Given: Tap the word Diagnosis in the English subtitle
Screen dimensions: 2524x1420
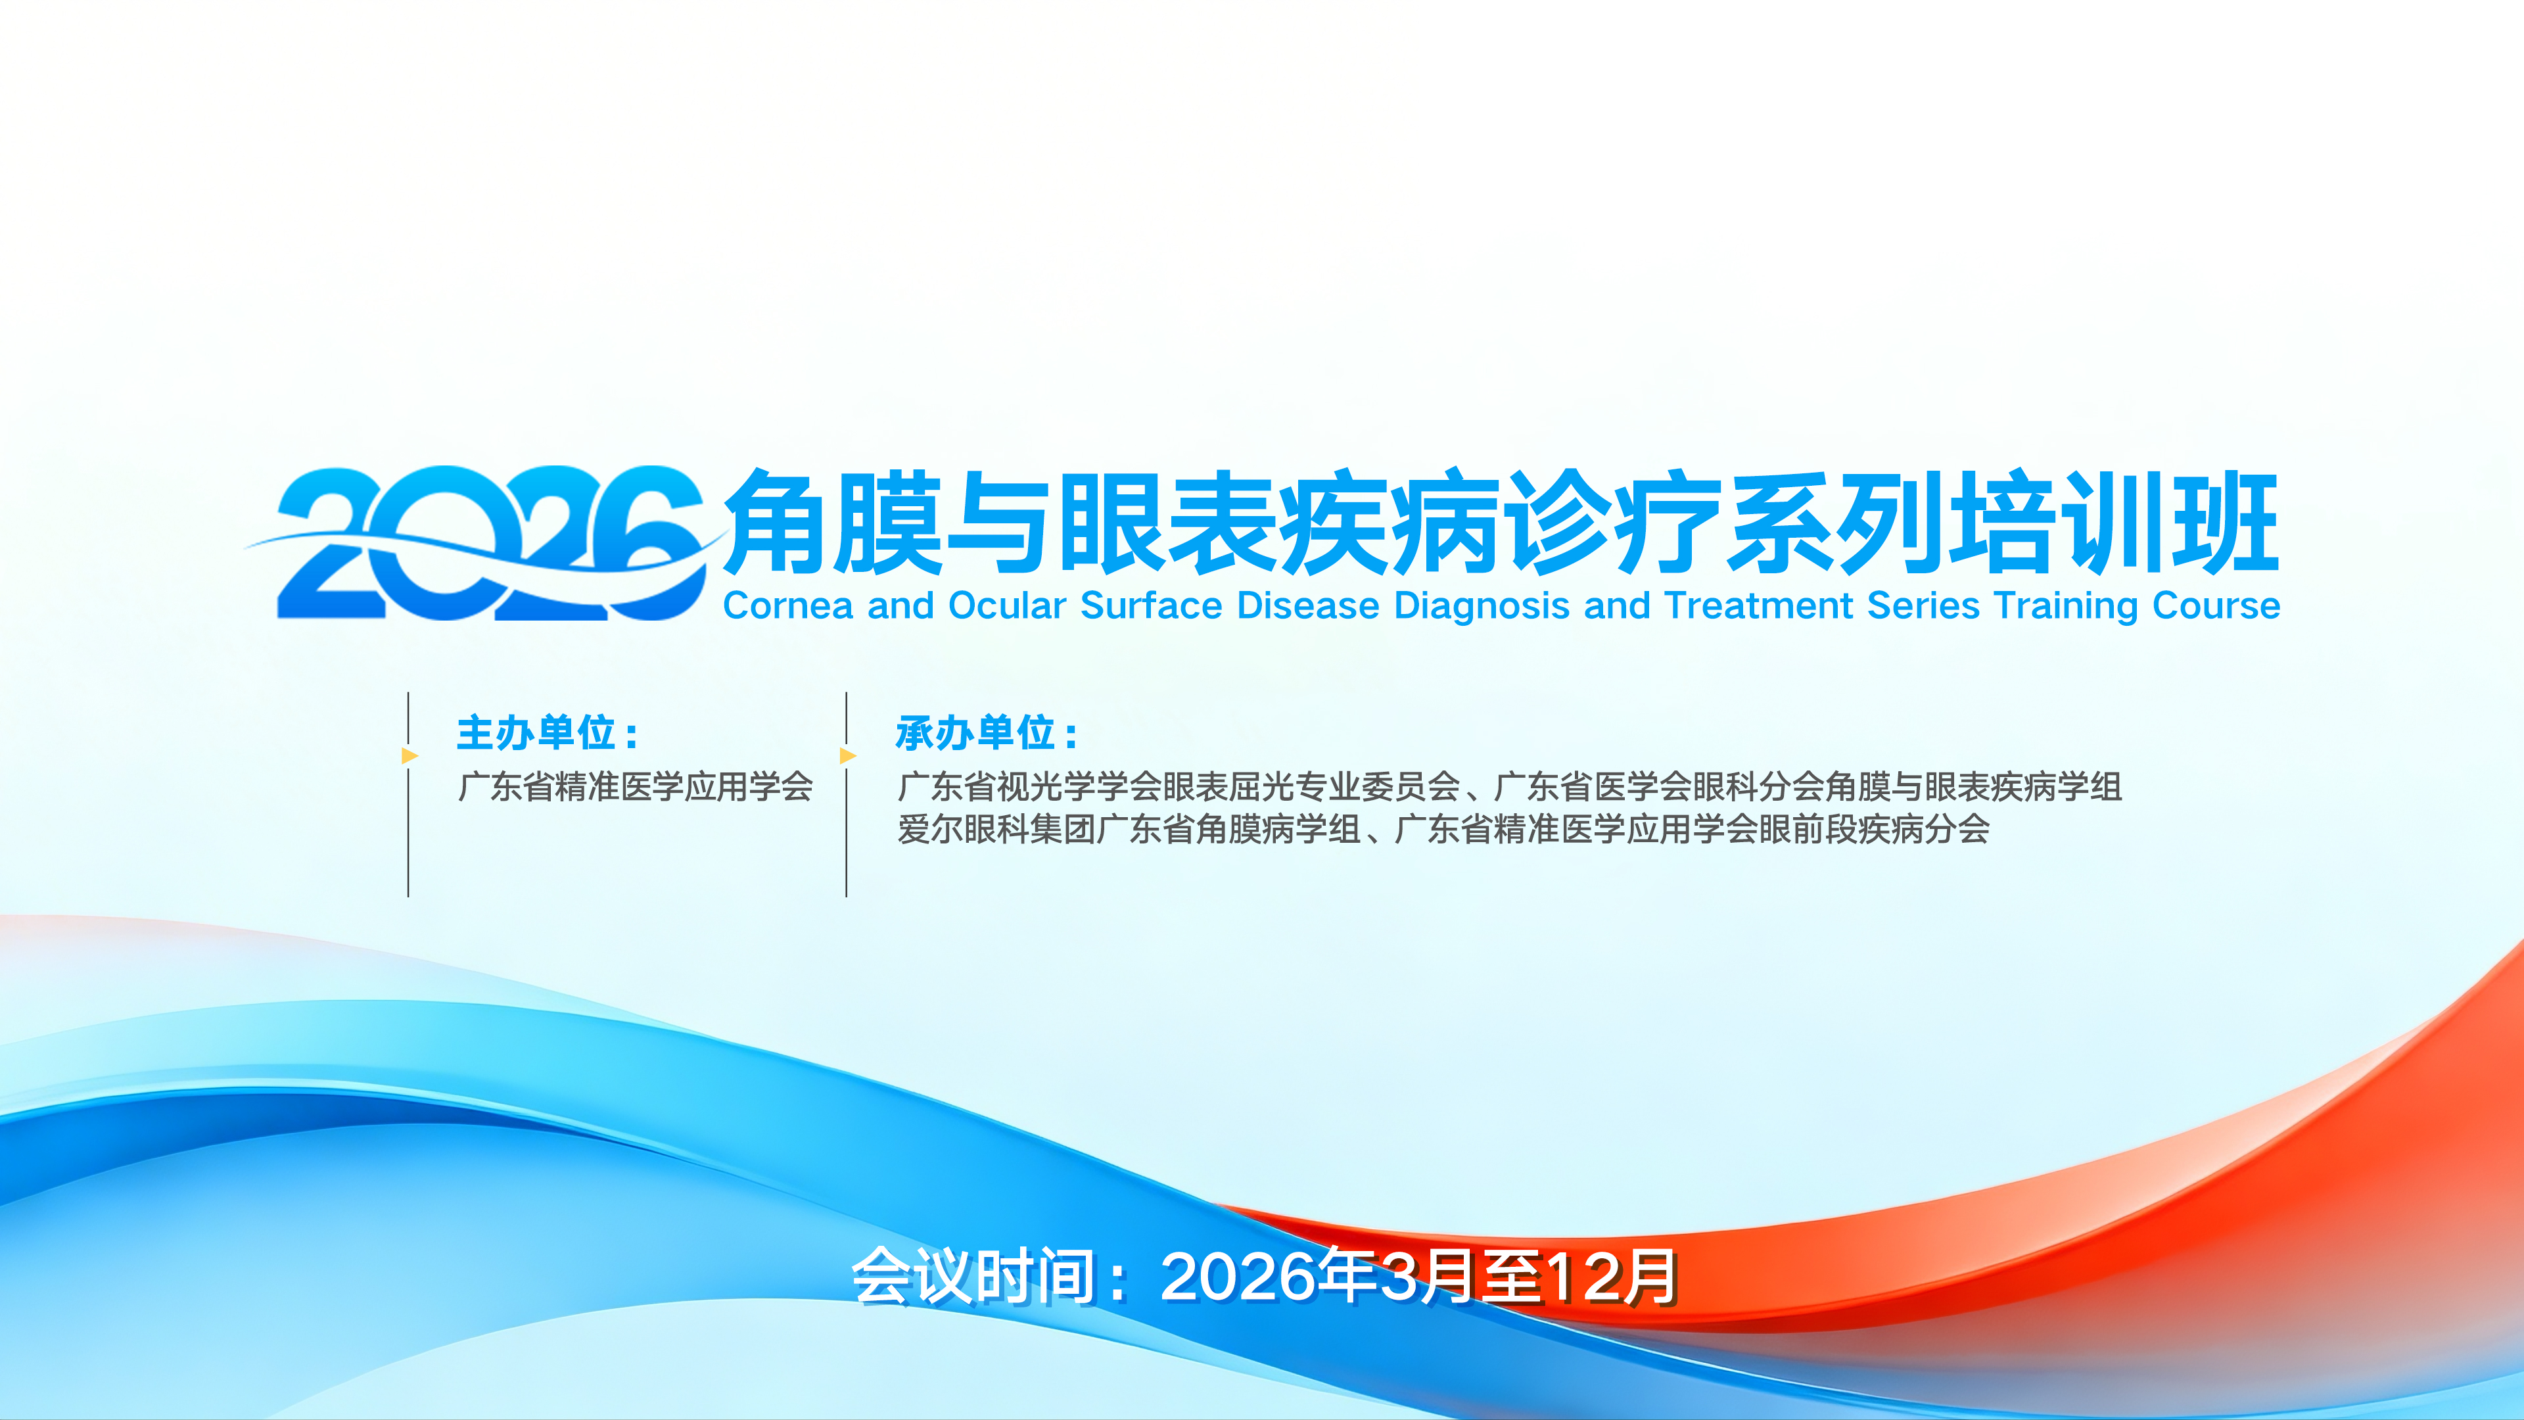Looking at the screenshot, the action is pyautogui.click(x=1482, y=607).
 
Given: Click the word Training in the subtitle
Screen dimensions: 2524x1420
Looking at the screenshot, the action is pyautogui.click(x=2067, y=607).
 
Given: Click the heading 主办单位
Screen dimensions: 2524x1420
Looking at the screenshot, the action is pyautogui.click(x=537, y=733).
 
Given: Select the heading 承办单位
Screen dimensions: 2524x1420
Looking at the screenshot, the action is pyautogui.click(x=976, y=733).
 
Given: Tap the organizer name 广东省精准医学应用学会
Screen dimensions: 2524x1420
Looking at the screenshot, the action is pyautogui.click(x=635, y=786).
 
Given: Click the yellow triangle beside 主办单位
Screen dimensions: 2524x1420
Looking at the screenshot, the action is pyautogui.click(x=409, y=755).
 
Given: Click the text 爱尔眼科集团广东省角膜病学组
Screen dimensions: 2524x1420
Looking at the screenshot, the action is pyautogui.click(x=1129, y=829).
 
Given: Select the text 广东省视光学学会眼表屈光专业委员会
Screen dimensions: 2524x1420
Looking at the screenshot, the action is pyautogui.click(x=1179, y=786).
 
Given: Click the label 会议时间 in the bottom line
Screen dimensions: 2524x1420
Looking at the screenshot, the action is pyautogui.click(x=973, y=1277).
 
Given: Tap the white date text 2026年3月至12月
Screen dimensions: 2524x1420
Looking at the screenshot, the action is pyautogui.click(x=1419, y=1277).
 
